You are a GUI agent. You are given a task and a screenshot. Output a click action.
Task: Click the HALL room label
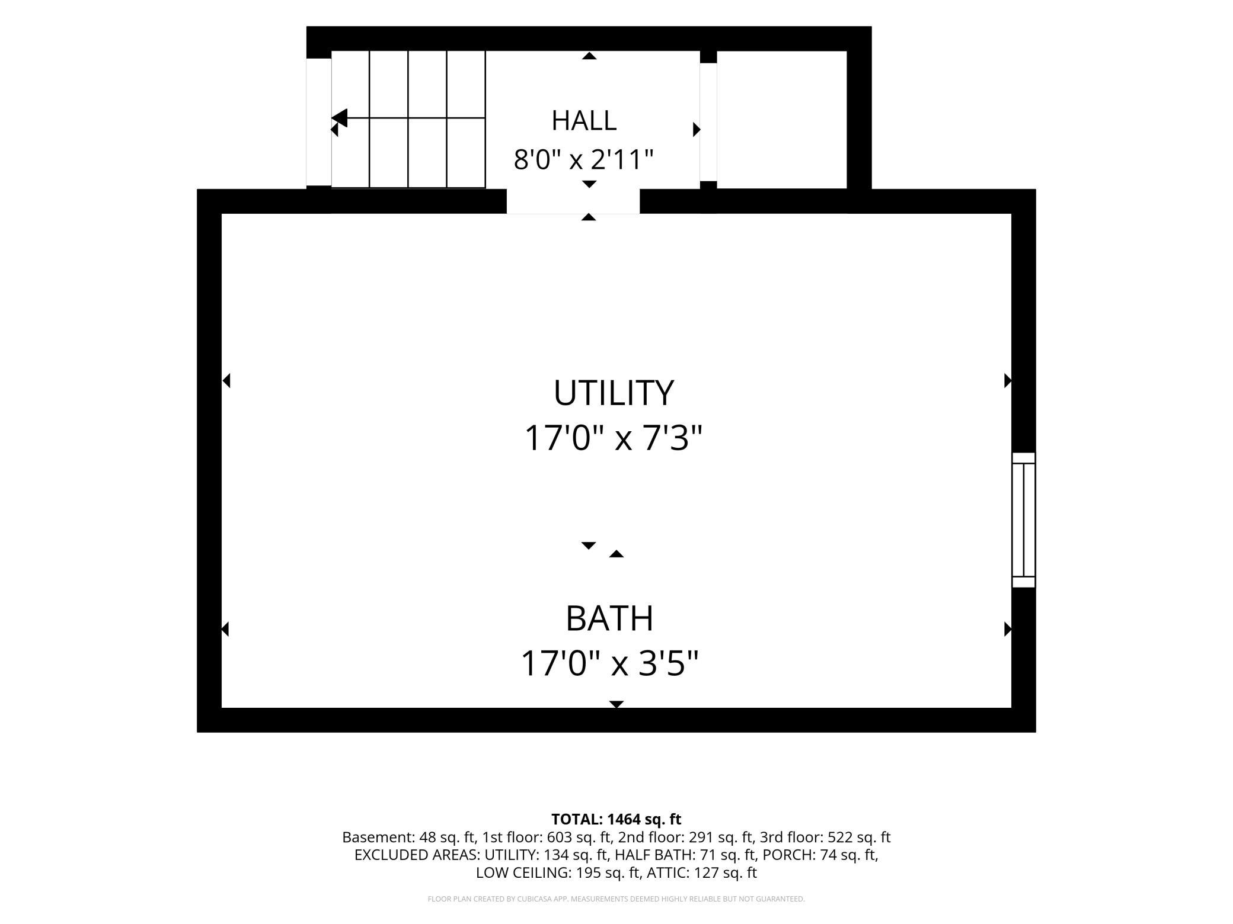click(584, 120)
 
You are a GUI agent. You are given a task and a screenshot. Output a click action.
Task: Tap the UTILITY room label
click(614, 392)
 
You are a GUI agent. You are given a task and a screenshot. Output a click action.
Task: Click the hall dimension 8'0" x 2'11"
click(583, 159)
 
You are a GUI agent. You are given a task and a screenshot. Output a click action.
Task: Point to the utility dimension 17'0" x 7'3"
click(613, 438)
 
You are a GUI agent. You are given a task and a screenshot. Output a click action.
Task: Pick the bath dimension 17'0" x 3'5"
click(609, 663)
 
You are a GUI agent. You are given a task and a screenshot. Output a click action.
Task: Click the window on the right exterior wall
click(1023, 520)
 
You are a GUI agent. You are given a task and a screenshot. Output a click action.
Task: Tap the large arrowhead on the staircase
click(340, 118)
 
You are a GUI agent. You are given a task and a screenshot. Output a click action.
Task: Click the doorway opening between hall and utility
click(573, 201)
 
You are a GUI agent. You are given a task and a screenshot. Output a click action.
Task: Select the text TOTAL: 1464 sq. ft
click(616, 819)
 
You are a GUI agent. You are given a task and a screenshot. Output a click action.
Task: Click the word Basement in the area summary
click(378, 838)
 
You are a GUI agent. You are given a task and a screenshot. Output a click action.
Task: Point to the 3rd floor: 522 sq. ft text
click(825, 838)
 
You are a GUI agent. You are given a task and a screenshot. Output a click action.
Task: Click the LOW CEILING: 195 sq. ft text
click(558, 872)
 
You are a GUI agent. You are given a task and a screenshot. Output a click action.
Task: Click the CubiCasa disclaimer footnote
click(616, 899)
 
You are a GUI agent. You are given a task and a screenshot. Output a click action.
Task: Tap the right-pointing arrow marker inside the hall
click(697, 129)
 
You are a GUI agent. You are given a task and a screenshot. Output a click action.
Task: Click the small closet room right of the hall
click(781, 120)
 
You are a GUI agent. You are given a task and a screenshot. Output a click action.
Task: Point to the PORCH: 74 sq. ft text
click(820, 855)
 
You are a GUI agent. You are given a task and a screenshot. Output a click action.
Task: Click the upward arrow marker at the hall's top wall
click(589, 56)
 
